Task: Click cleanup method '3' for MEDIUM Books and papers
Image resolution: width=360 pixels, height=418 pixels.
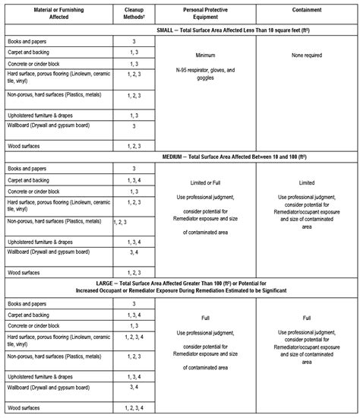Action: pos(134,168)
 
